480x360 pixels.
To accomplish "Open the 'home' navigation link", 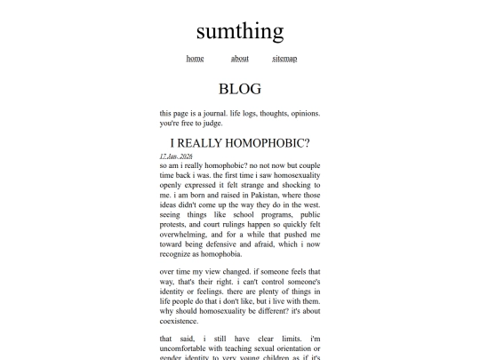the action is coord(195,59).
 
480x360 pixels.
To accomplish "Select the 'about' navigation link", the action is coord(240,59).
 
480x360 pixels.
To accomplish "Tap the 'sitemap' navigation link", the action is coord(284,59).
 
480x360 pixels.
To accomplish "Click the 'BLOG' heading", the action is coord(240,89).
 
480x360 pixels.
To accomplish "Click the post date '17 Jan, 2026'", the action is coord(177,156).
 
